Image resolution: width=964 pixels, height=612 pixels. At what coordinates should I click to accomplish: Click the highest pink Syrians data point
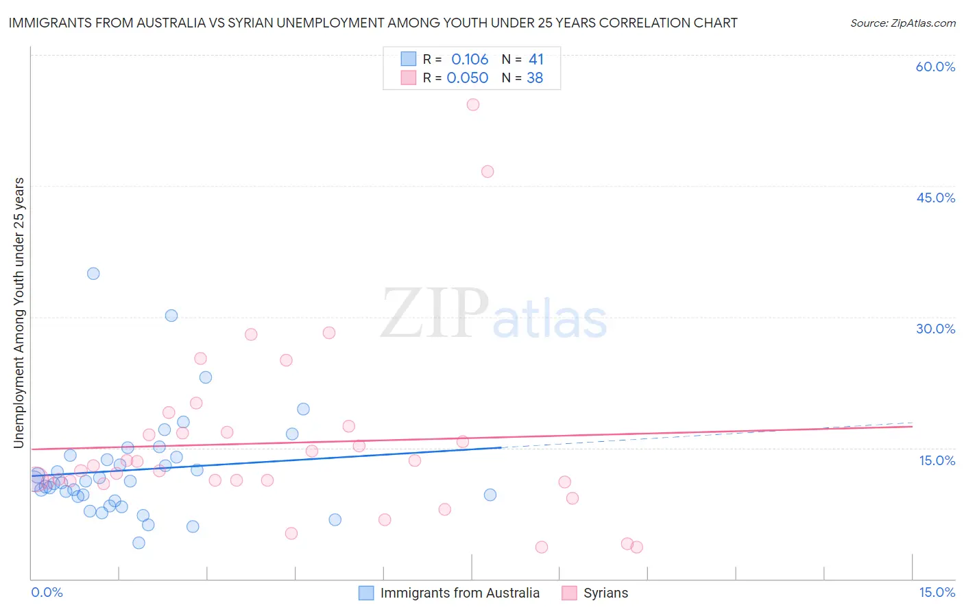click(473, 105)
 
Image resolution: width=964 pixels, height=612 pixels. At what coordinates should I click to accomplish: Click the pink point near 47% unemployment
click(487, 172)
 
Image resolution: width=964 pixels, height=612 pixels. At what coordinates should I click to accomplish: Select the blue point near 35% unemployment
click(93, 274)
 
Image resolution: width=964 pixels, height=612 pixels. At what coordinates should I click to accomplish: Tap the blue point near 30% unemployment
click(171, 316)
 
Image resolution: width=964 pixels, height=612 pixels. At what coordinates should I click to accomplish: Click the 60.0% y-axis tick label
click(935, 67)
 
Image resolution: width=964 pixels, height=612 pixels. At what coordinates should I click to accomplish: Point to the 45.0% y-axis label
click(935, 198)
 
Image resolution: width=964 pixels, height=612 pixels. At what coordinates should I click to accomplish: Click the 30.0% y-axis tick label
click(935, 329)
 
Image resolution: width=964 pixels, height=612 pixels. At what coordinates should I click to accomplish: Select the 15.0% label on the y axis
click(937, 460)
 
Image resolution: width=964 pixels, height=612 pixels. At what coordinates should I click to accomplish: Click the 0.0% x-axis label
click(47, 592)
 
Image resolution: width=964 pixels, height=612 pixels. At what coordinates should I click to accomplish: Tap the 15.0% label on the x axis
click(937, 592)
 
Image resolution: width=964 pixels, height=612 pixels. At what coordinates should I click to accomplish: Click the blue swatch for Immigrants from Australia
click(367, 593)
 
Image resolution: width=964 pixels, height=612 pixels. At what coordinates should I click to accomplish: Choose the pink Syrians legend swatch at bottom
click(569, 593)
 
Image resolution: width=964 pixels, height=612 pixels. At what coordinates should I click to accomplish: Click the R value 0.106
click(470, 60)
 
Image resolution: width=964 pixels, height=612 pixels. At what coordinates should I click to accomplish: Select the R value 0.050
click(468, 78)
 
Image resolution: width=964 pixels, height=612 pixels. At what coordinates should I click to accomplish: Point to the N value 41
click(536, 60)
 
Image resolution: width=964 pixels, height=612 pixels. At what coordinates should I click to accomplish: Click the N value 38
click(535, 78)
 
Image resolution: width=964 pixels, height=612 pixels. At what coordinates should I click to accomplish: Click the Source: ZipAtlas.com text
click(902, 23)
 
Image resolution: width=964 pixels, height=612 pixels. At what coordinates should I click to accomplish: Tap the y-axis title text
click(19, 313)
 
